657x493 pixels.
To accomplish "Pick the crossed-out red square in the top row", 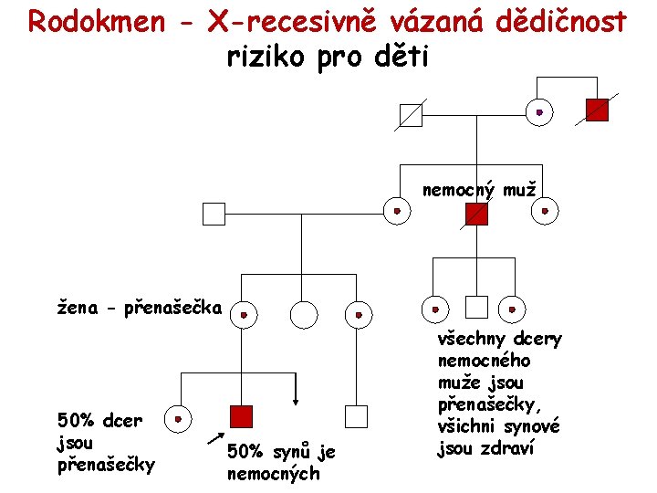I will (597, 110).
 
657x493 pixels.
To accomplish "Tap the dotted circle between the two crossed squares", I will (539, 112).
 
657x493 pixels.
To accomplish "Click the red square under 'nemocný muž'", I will (476, 214).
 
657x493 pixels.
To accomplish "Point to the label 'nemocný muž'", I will (478, 190).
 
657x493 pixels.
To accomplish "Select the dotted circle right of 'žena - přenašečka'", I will (244, 315).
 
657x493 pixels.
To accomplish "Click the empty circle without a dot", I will (303, 315).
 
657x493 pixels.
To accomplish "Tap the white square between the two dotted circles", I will (475, 307).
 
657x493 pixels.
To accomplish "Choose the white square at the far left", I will (213, 214).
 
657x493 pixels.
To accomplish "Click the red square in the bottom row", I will (240, 417).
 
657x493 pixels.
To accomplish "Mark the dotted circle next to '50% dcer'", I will (180, 419).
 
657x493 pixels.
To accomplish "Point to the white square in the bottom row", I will (356, 417).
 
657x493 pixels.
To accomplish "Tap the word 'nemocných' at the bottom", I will (273, 474).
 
